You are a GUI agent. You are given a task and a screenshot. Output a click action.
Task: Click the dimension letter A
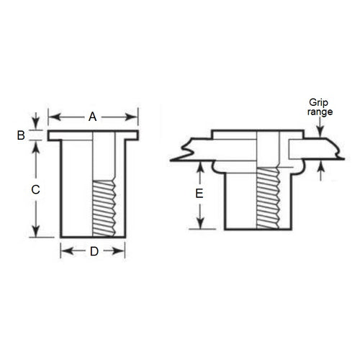coord(91,116)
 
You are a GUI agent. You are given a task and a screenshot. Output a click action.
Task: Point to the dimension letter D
coord(92,251)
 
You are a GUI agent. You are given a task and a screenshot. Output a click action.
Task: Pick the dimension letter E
coord(199,194)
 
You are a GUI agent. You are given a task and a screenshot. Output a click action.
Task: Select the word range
coord(320,114)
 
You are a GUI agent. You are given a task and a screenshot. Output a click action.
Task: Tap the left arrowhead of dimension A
coord(52,116)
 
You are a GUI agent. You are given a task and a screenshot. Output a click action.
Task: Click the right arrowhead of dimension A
coord(133,116)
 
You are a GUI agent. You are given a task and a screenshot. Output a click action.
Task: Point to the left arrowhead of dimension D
coord(63,251)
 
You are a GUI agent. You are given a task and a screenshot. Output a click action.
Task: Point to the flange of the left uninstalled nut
coord(93,135)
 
